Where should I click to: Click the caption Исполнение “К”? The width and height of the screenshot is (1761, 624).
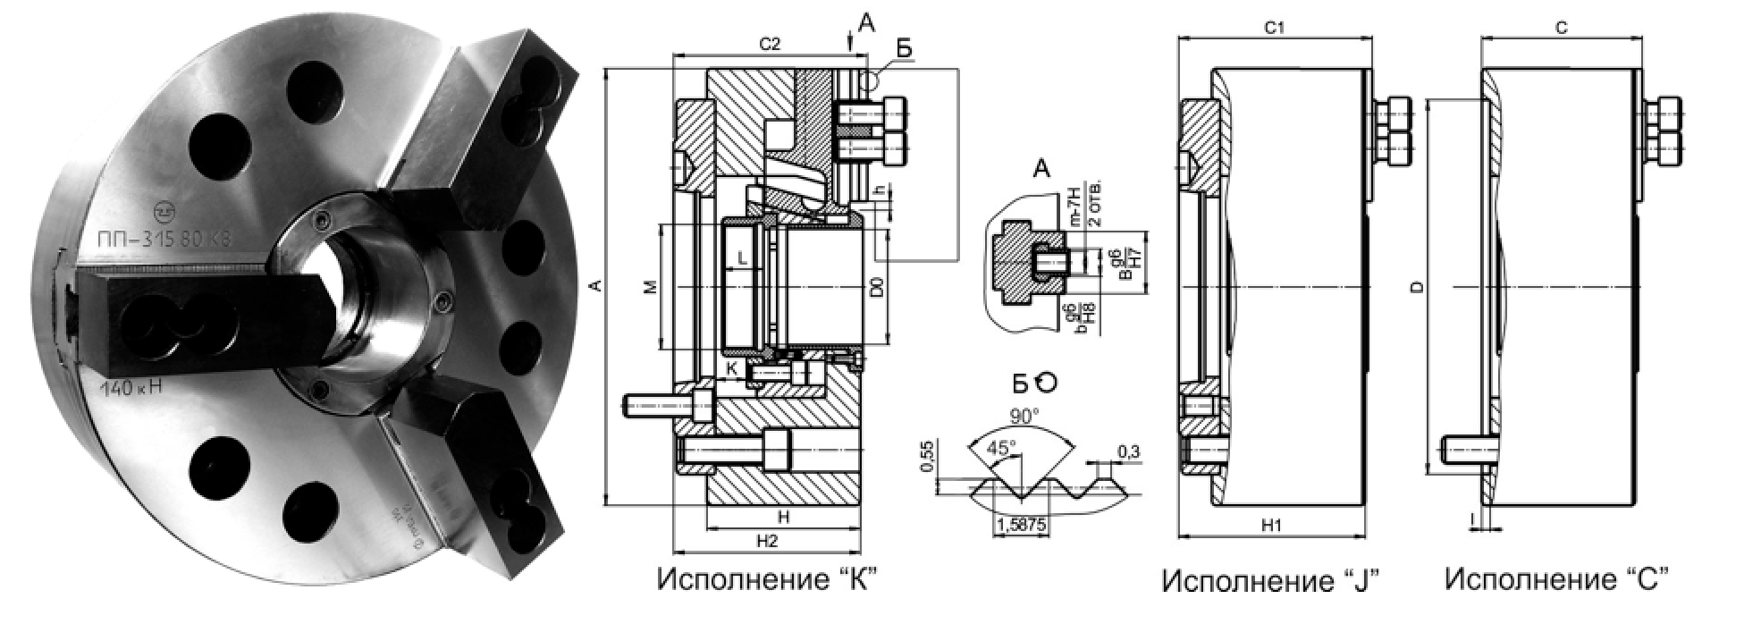pyautogui.click(x=765, y=578)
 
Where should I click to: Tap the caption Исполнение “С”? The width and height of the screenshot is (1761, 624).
pyautogui.click(x=1556, y=579)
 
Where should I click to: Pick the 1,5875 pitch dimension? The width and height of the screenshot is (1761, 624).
pyautogui.click(x=1019, y=525)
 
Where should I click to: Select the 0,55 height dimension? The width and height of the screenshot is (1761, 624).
pyautogui.click(x=927, y=457)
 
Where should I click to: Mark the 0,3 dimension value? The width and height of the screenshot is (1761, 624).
pyautogui.click(x=1128, y=452)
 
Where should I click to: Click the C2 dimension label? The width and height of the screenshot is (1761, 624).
pyautogui.click(x=770, y=43)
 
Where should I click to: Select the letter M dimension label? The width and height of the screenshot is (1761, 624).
pyautogui.click(x=651, y=287)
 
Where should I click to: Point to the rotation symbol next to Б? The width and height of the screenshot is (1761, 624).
pyautogui.click(x=1045, y=383)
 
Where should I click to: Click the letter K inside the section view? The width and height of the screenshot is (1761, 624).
pyautogui.click(x=730, y=367)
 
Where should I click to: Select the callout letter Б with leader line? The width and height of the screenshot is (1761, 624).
pyautogui.click(x=905, y=50)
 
